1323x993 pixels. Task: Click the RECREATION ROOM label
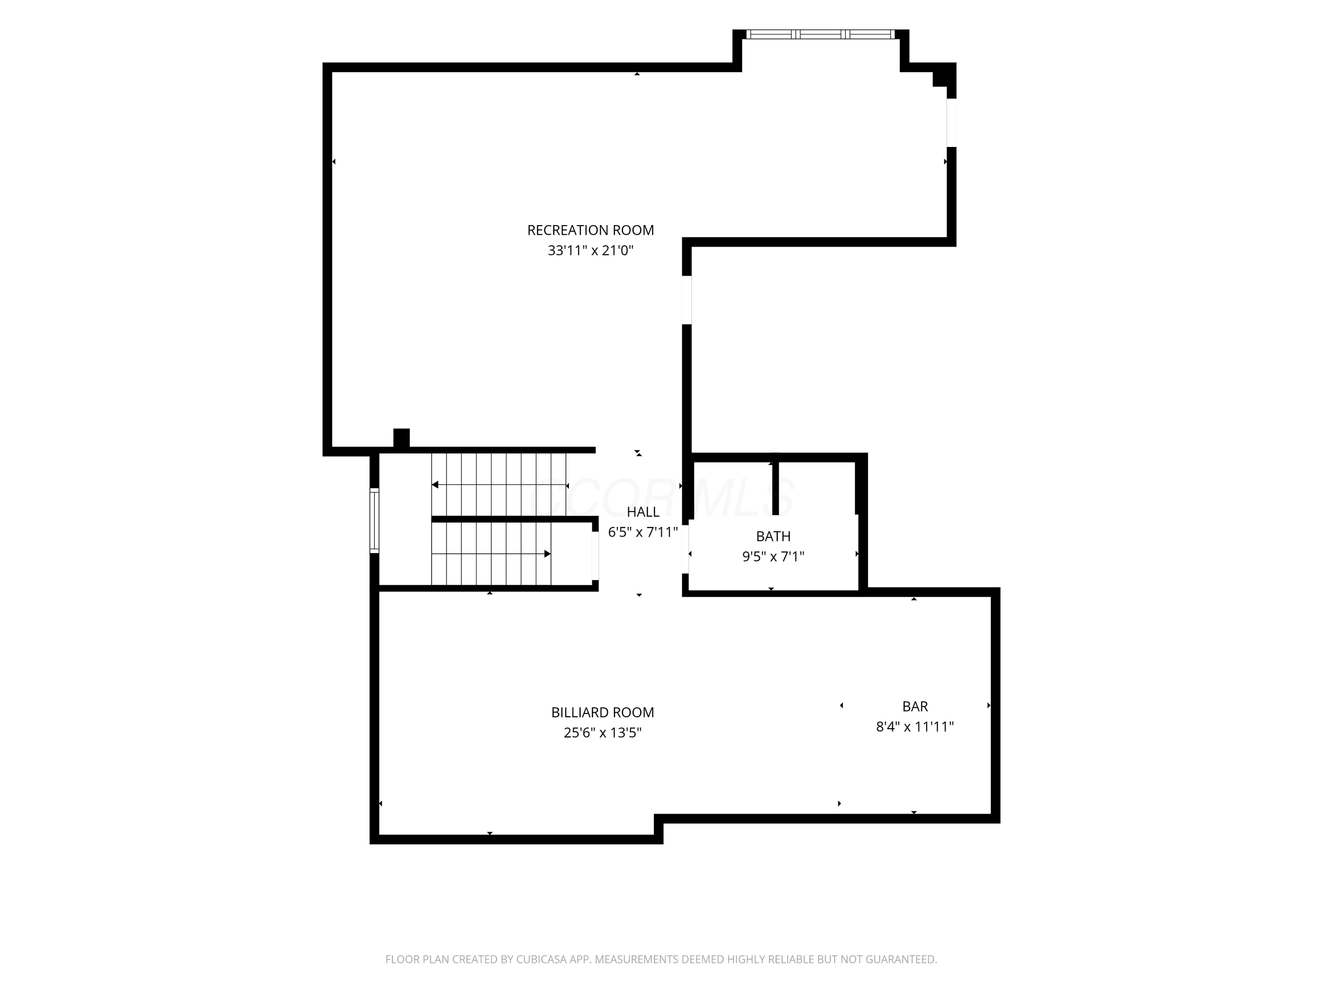pos(590,230)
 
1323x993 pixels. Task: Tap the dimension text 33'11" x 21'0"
pos(590,251)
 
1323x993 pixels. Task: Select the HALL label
pos(643,512)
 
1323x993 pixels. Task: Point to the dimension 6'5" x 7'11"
pos(643,532)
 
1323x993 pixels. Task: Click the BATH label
pos(774,536)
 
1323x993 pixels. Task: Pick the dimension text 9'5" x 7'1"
pos(774,557)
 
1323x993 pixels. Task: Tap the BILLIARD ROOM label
pos(602,712)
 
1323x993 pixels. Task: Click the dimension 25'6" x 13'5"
pos(602,733)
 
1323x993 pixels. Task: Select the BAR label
pos(915,706)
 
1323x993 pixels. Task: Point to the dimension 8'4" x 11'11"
pos(915,726)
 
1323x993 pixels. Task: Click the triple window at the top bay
pos(821,34)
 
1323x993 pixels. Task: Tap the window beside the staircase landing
pos(374,520)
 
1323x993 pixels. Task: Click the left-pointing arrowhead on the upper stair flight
pos(435,485)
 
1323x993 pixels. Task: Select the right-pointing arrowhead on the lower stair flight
pos(547,554)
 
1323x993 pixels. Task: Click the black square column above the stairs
pos(401,438)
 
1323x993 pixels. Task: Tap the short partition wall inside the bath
pos(776,485)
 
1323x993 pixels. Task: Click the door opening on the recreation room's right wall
pos(687,300)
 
